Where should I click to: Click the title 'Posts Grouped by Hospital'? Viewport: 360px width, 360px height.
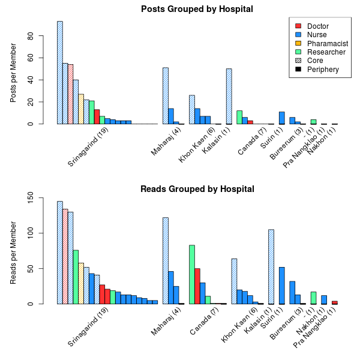[x=197, y=9]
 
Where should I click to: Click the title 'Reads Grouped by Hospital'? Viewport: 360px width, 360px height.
[x=197, y=189]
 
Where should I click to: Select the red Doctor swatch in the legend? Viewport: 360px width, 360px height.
[x=298, y=26]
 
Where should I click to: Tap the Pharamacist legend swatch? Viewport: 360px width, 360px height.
[x=298, y=43]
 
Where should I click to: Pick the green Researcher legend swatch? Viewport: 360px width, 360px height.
[x=298, y=52]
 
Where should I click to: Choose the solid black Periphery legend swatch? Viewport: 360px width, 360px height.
[x=298, y=70]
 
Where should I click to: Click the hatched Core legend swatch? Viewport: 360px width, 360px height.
[x=298, y=61]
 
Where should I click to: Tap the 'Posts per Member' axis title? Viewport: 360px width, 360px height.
[x=14, y=75]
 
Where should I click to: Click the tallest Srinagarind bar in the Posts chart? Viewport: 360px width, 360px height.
[x=60, y=72]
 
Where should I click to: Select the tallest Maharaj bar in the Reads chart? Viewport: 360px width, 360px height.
[x=166, y=260]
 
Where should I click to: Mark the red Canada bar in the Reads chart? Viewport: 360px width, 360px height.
[x=197, y=286]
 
